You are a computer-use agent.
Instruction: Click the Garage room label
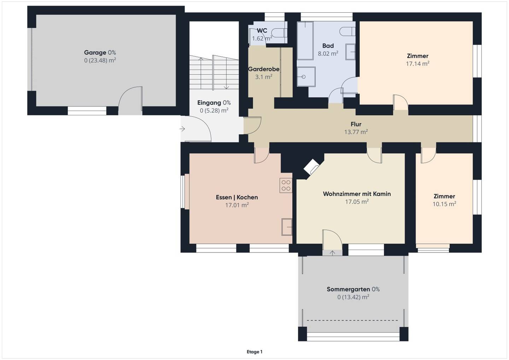(x=95, y=52)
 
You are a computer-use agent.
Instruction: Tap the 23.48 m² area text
(x=100, y=60)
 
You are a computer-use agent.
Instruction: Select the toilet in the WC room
(x=280, y=33)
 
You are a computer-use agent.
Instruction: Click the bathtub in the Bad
(x=305, y=41)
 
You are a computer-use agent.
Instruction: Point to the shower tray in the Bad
(x=306, y=77)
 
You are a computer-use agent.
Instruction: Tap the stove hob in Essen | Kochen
(x=286, y=185)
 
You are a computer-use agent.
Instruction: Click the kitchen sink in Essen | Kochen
(x=287, y=227)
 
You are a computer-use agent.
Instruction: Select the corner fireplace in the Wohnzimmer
(x=311, y=167)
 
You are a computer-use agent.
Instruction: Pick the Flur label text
(x=356, y=124)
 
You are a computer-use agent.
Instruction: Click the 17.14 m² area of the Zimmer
(x=418, y=64)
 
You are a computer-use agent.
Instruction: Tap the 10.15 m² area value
(x=444, y=204)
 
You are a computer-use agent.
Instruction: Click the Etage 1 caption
(x=255, y=352)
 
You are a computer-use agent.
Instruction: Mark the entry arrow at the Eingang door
(x=182, y=129)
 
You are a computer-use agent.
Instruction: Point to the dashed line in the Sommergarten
(x=352, y=320)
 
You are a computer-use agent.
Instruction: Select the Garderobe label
(x=264, y=69)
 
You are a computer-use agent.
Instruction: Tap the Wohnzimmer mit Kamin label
(x=357, y=194)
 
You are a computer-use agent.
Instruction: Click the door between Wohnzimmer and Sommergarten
(x=332, y=240)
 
